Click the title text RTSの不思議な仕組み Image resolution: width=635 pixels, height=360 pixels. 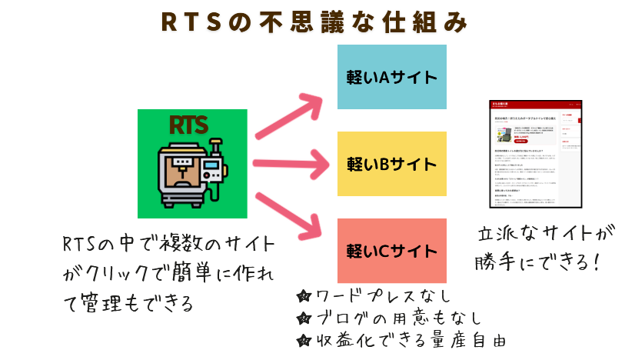[x=314, y=22]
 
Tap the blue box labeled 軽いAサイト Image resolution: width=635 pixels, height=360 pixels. [x=392, y=77]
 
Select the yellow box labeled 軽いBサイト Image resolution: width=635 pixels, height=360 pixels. [x=392, y=164]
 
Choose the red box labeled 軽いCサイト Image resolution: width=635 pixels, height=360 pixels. [x=392, y=251]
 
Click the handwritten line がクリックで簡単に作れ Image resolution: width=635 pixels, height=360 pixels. [x=169, y=274]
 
